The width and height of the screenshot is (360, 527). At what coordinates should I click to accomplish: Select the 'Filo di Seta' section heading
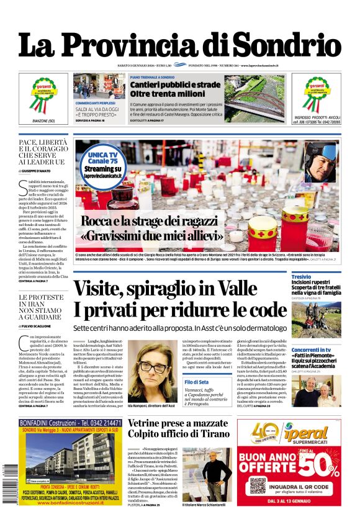click(196, 382)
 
